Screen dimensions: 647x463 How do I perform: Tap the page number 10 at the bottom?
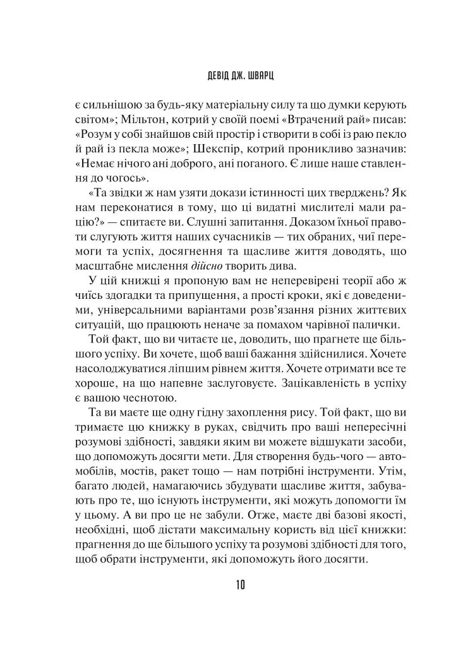(231, 584)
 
